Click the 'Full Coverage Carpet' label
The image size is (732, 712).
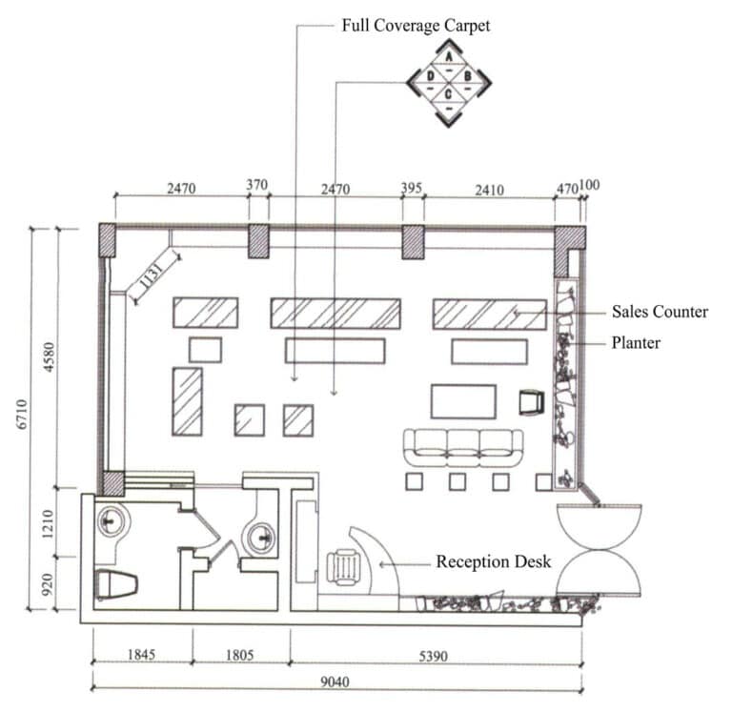[416, 26]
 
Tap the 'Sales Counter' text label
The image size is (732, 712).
[660, 312]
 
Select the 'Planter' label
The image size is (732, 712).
[635, 341]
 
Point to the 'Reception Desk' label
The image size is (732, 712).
[493, 561]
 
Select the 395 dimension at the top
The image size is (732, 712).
[412, 189]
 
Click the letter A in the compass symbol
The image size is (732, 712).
[449, 59]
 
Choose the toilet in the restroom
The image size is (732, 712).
[116, 583]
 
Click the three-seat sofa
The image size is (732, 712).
[463, 446]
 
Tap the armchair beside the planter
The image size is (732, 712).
[531, 403]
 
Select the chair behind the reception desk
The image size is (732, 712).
[340, 568]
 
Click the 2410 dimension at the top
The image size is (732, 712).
[488, 189]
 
